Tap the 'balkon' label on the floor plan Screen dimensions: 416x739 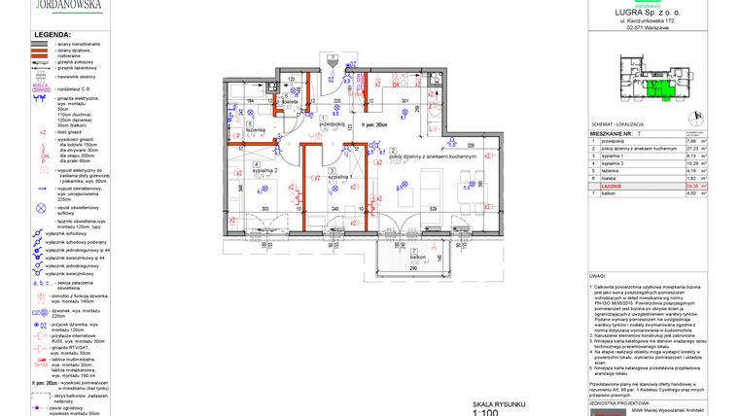(416, 256)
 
